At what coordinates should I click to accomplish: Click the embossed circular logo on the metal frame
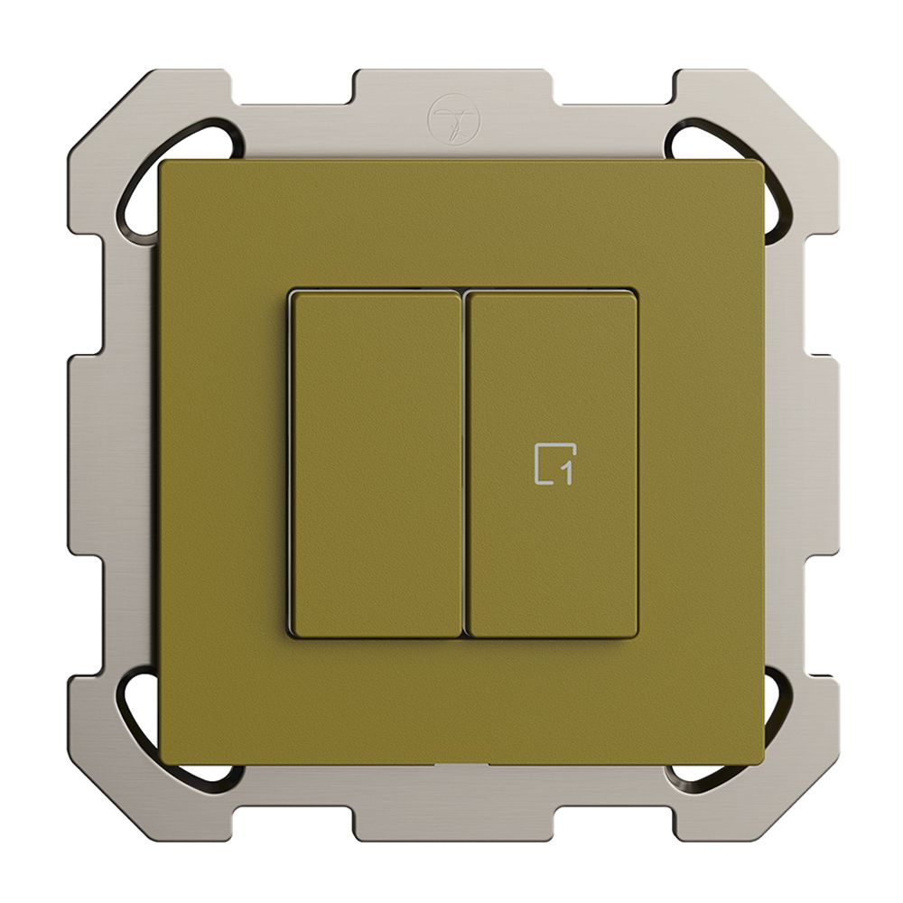point(452,116)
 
